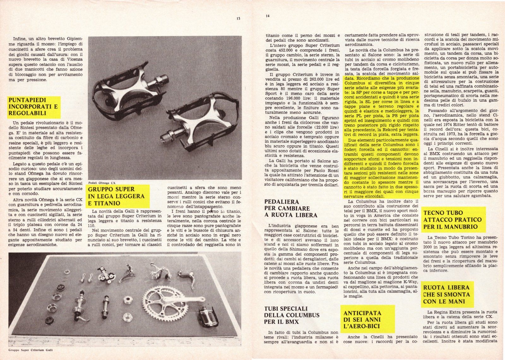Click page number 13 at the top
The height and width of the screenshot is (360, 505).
coord(238,19)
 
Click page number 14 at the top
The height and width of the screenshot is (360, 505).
coord(268,16)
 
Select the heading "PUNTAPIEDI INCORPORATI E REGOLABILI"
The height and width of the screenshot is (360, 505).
coord(33,106)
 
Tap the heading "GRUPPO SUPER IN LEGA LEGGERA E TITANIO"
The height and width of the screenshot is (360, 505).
coord(116,196)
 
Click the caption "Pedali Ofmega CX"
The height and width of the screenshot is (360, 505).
coord(103,182)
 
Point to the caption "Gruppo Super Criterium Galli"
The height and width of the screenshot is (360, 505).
coord(31,350)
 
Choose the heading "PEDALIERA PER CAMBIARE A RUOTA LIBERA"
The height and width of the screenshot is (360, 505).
coord(287,208)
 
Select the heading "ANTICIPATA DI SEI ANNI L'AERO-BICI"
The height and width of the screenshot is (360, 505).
coord(362,319)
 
